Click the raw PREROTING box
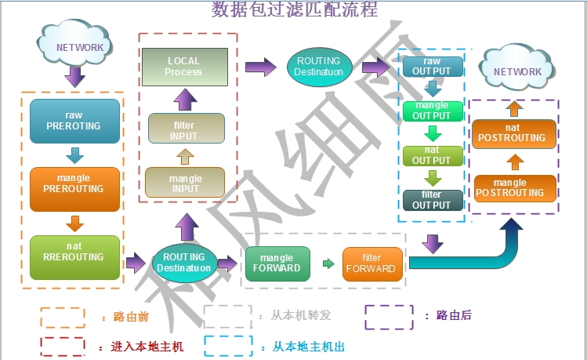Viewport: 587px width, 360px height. (74, 120)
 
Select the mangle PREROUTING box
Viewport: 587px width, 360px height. (74, 188)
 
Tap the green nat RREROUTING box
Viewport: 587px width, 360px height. (74, 256)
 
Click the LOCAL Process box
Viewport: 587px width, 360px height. (183, 67)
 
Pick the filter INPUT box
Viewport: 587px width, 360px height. (186, 129)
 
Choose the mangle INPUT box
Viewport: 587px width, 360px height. (185, 184)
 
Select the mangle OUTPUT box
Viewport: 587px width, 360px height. (432, 111)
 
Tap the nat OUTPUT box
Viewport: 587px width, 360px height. (432, 155)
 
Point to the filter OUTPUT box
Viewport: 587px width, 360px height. (432, 199)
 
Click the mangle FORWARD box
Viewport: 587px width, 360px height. (277, 263)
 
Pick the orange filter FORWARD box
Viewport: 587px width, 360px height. (371, 263)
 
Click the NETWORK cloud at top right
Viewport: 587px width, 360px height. (517, 71)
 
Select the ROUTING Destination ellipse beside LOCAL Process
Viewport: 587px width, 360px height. (317, 67)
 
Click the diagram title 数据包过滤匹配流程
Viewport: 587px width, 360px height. (295, 9)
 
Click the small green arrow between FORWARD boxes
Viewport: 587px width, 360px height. (327, 264)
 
